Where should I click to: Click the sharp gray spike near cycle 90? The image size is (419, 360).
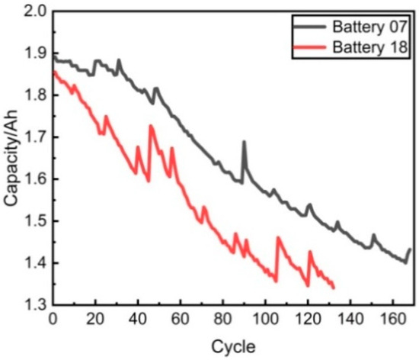click(244, 142)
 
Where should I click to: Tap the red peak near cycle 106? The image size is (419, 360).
click(278, 237)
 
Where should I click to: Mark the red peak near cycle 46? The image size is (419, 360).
click(151, 126)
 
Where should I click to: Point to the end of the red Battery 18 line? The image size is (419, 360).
click(334, 288)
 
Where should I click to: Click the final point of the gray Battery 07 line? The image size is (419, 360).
click(410, 249)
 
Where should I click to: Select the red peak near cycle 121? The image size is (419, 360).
click(310, 251)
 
